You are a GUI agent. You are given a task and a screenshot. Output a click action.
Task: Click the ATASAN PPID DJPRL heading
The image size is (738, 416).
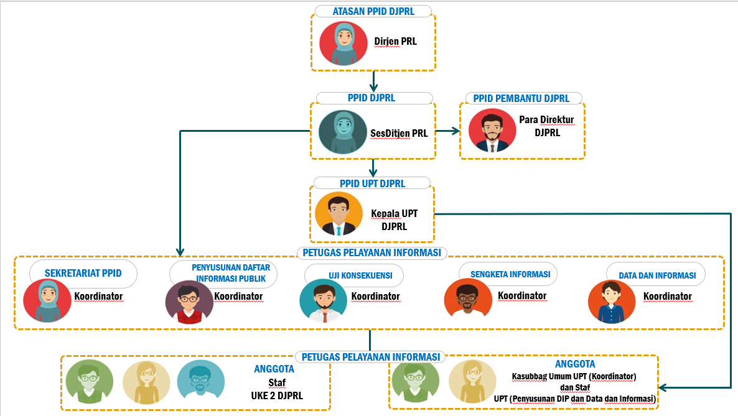pyautogui.click(x=373, y=11)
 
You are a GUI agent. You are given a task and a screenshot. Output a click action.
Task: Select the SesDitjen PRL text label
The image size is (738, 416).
pyautogui.click(x=399, y=134)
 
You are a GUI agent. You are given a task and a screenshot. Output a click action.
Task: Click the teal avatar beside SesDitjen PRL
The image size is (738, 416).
pyautogui.click(x=343, y=132)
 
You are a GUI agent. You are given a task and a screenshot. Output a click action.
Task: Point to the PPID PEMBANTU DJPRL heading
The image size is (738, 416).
pyautogui.click(x=521, y=98)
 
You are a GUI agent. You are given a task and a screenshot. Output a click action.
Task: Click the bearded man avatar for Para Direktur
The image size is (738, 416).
pyautogui.click(x=492, y=131)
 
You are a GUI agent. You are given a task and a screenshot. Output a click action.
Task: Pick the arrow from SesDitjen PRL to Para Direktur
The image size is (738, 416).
pyautogui.click(x=447, y=131)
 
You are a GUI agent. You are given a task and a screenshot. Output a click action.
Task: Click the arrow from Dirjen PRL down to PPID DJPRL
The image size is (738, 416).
pyautogui.click(x=373, y=81)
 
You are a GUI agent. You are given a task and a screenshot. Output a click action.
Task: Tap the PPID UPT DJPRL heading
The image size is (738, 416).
pyautogui.click(x=372, y=183)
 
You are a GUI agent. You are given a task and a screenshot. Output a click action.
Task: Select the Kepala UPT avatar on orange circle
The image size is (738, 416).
pyautogui.click(x=339, y=214)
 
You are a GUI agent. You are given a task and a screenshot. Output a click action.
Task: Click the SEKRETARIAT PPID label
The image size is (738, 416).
pyautogui.click(x=83, y=273)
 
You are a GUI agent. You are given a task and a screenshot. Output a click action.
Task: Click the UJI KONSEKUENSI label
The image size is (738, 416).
pyautogui.click(x=360, y=275)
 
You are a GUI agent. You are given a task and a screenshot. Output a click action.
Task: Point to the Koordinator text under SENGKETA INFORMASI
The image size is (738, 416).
pyautogui.click(x=522, y=295)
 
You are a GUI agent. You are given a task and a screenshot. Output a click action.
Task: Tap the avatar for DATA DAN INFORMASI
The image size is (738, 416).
pyautogui.click(x=612, y=302)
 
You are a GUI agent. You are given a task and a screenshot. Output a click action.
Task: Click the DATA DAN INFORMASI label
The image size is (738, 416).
pyautogui.click(x=657, y=275)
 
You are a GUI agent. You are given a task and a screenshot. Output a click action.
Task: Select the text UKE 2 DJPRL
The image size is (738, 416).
pyautogui.click(x=277, y=395)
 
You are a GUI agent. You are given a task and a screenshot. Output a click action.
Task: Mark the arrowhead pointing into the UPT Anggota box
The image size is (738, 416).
pyautogui.click(x=663, y=388)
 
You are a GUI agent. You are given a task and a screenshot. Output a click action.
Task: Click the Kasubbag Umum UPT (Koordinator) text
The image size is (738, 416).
pyautogui.click(x=574, y=376)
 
